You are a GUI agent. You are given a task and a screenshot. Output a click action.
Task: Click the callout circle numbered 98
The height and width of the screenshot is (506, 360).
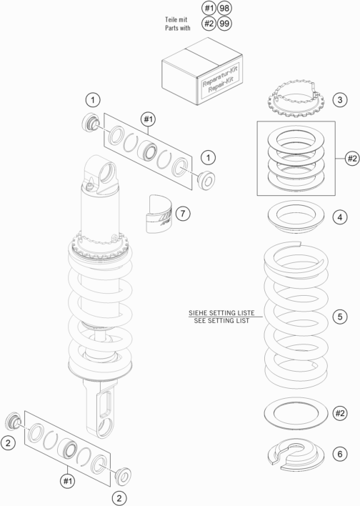pos(224,8)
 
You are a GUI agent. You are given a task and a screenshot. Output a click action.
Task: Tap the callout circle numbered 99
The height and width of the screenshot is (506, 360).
pos(224,24)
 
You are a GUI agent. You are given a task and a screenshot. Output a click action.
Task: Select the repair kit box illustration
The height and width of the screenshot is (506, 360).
pos(202,71)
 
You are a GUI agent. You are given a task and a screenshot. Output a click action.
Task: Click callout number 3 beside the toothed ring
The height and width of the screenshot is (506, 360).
pos(340,100)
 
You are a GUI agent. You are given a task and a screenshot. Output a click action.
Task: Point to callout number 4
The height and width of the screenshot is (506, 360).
pos(340,217)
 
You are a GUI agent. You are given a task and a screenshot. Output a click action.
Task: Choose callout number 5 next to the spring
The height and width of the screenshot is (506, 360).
pos(340,317)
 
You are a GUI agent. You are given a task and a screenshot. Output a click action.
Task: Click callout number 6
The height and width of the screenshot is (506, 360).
pos(340,455)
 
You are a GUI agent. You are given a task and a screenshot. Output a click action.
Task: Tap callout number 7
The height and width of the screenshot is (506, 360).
pos(183,213)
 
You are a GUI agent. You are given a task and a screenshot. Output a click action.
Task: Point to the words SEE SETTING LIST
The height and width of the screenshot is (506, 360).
pos(221,321)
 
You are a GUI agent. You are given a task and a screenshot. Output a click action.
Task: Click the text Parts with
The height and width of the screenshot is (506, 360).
pos(178,28)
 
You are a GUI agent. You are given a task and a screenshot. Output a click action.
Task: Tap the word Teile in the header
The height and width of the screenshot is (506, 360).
pos(171,20)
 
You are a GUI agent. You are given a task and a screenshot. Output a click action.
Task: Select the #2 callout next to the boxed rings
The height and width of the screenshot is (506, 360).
pos(352,159)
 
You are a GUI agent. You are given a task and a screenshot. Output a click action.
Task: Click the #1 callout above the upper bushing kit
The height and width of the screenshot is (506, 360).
pos(148,119)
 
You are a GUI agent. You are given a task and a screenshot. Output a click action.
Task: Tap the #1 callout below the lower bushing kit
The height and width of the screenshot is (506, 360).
pos(67,481)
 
